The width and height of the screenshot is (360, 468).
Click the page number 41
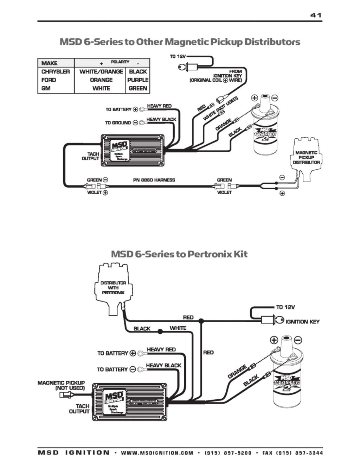point(315,15)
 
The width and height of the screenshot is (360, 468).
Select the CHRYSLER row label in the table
point(56,71)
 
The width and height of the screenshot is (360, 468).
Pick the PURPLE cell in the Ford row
point(138,80)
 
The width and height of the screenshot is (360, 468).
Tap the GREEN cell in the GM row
point(138,88)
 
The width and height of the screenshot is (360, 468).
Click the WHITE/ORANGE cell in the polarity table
point(101,71)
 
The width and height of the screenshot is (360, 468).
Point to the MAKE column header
point(49,63)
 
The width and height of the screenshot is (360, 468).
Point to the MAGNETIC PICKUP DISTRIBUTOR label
point(306,158)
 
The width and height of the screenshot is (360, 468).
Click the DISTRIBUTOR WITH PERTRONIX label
point(113,287)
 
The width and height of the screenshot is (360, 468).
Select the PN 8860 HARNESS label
point(154,180)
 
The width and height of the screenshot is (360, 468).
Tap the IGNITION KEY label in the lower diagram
point(302,322)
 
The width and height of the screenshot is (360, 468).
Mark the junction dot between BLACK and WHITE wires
point(160,331)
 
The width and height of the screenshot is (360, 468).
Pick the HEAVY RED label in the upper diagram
point(159,106)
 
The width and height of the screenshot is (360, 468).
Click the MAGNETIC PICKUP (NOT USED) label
point(62,385)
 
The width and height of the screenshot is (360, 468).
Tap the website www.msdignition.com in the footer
point(157,453)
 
